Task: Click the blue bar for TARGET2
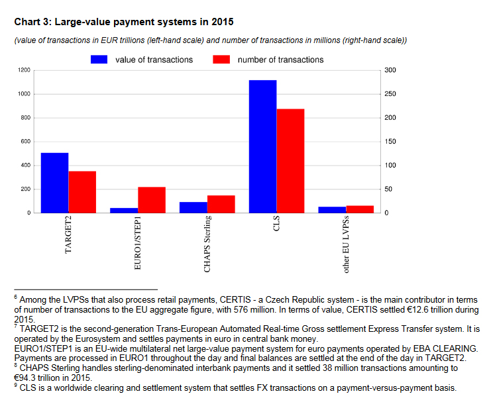pyautogui.click(x=54, y=183)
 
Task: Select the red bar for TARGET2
pyautogui.click(x=82, y=192)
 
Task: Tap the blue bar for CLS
pyautogui.click(x=263, y=146)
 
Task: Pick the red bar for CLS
pyautogui.click(x=290, y=161)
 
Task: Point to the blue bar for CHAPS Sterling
pyautogui.click(x=193, y=207)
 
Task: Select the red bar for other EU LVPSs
pyautogui.click(x=360, y=209)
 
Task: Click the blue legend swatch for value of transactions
pyautogui.click(x=99, y=60)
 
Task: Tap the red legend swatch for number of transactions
pyautogui.click(x=221, y=60)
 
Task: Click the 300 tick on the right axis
pyautogui.click(x=390, y=70)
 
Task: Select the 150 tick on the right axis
pyautogui.click(x=390, y=142)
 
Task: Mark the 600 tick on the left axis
pyautogui.click(x=25, y=142)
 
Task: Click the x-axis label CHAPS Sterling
pyautogui.click(x=207, y=244)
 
